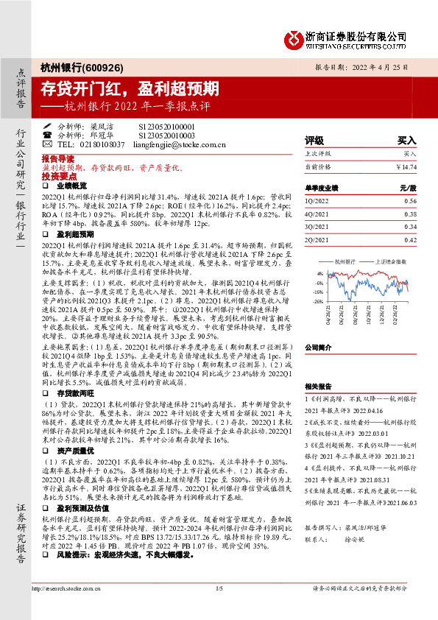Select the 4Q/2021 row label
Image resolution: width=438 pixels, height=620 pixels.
point(317,214)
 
